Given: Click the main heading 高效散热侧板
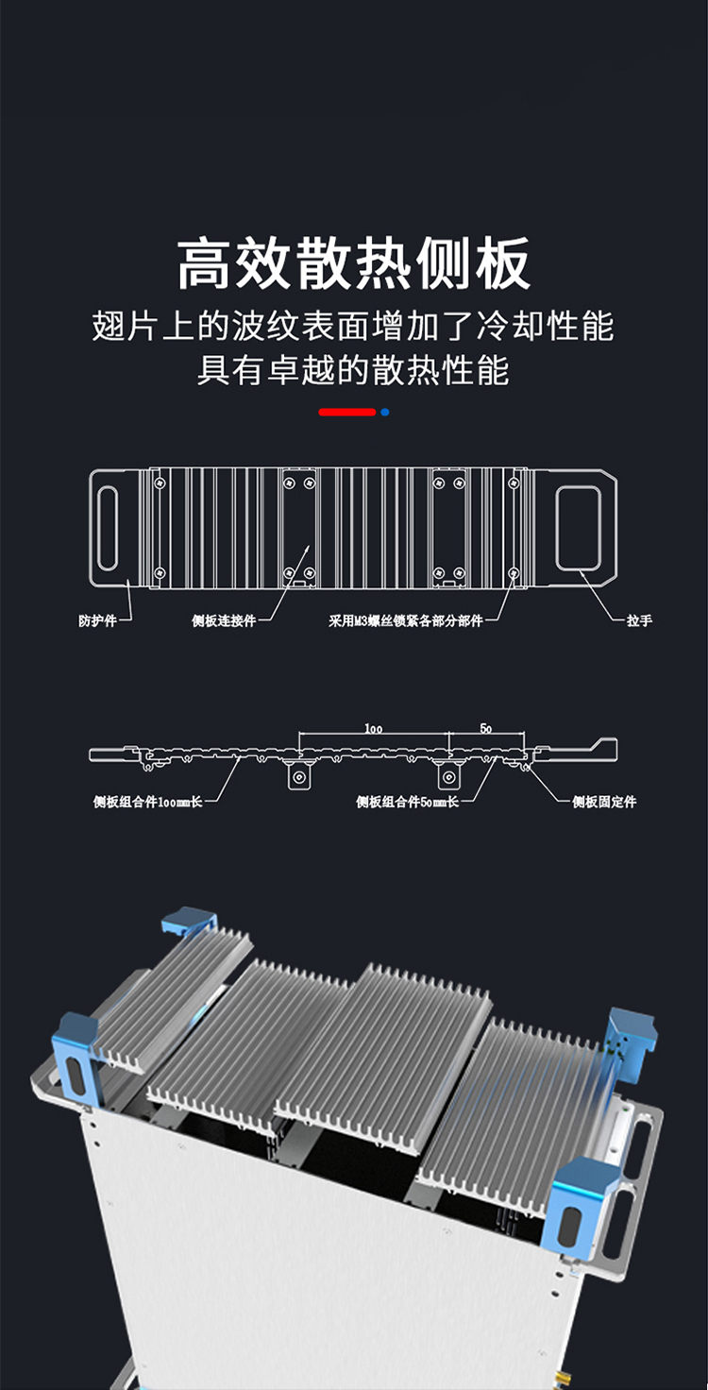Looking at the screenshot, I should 354,263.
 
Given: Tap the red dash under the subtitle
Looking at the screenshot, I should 346,412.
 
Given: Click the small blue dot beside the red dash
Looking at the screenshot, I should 384,412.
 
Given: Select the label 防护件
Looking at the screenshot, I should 97,620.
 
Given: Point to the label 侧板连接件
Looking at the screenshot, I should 224,620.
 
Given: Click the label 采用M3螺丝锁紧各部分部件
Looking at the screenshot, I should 405,620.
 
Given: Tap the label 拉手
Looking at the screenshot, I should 639,620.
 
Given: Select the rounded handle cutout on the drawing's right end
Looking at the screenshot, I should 578,528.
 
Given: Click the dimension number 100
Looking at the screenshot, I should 373,728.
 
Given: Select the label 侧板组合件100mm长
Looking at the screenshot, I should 147,802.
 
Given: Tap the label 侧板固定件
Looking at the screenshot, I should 604,802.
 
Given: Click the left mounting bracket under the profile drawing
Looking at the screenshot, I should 299,777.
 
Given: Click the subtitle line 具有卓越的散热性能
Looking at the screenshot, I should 353,369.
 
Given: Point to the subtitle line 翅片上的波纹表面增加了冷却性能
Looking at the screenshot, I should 353,326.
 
